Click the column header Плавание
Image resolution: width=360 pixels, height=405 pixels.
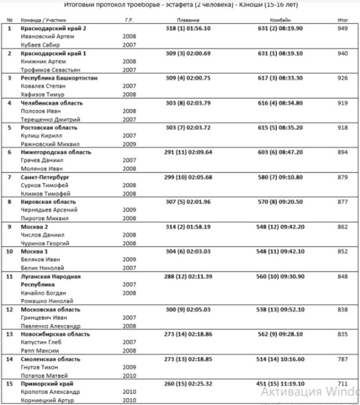pyautogui.click(x=188, y=21)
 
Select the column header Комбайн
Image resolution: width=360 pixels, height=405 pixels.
pyautogui.click(x=280, y=21)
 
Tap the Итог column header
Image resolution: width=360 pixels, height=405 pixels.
pyautogui.click(x=342, y=21)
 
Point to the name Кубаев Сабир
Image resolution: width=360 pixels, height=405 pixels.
pyautogui.click(x=40, y=45)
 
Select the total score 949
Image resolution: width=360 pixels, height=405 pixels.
pyautogui.click(x=342, y=28)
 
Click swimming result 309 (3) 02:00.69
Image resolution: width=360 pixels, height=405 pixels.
pyautogui.click(x=188, y=53)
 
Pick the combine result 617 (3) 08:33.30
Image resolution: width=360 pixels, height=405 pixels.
pyautogui.click(x=280, y=78)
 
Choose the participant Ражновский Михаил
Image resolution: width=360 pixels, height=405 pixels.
pyautogui.click(x=50, y=144)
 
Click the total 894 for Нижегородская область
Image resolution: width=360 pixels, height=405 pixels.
pyautogui.click(x=342, y=153)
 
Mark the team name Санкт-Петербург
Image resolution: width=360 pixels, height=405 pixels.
pyautogui.click(x=45, y=177)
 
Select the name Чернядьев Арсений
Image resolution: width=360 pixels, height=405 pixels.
pyautogui.click(x=49, y=210)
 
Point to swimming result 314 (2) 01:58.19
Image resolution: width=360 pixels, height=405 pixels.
pyautogui.click(x=188, y=226)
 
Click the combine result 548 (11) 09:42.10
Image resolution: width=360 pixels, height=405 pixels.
pyautogui.click(x=280, y=251)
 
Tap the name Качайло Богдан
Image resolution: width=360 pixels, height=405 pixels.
pyautogui.click(x=44, y=293)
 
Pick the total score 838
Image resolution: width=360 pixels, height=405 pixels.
pyautogui.click(x=342, y=310)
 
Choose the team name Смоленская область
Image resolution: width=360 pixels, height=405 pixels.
pyautogui.click(x=50, y=359)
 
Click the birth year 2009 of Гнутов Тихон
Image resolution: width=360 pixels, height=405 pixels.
pyautogui.click(x=130, y=368)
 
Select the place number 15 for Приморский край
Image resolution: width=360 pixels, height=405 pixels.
pyautogui.click(x=10, y=384)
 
